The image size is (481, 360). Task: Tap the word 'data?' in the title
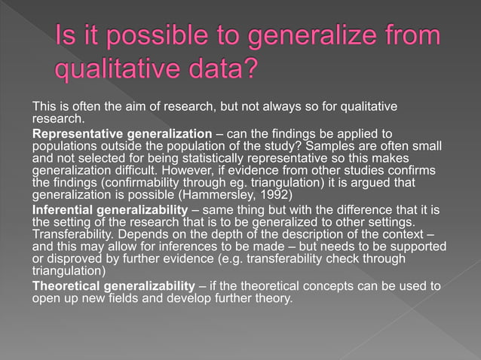pos(218,69)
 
